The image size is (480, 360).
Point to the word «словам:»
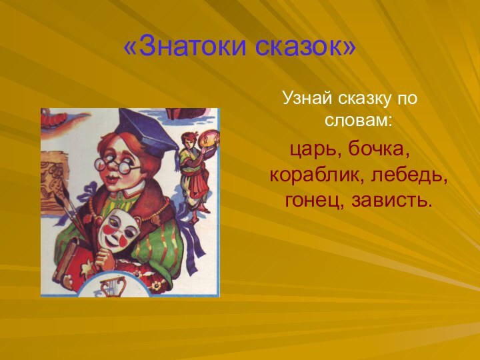[x=358, y=122]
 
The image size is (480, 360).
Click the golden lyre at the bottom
[x=109, y=287]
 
